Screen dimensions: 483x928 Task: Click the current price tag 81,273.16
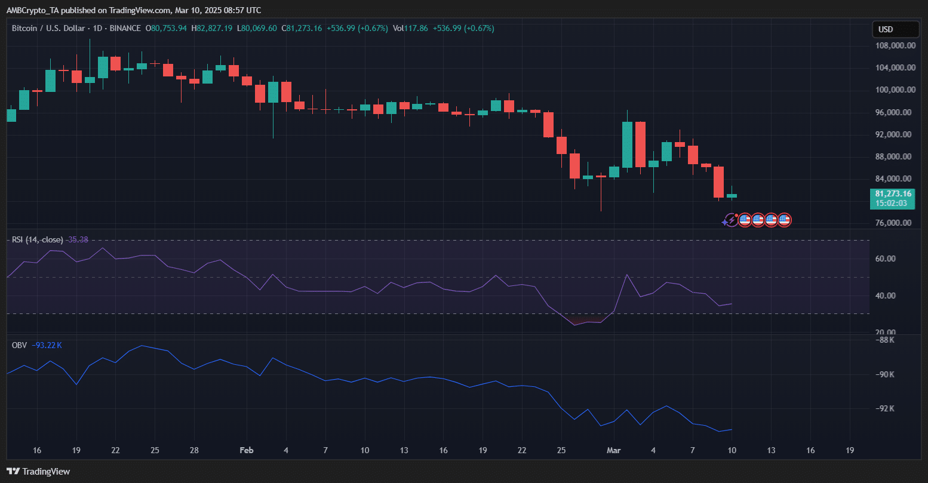(x=893, y=193)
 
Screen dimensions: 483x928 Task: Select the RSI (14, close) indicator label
(x=37, y=239)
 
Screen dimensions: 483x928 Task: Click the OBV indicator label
(x=19, y=344)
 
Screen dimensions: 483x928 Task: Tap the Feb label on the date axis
(x=247, y=450)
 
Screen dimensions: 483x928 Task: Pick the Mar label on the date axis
(x=614, y=450)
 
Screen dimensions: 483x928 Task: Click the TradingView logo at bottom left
(x=38, y=472)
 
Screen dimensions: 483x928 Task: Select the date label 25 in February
(x=561, y=450)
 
